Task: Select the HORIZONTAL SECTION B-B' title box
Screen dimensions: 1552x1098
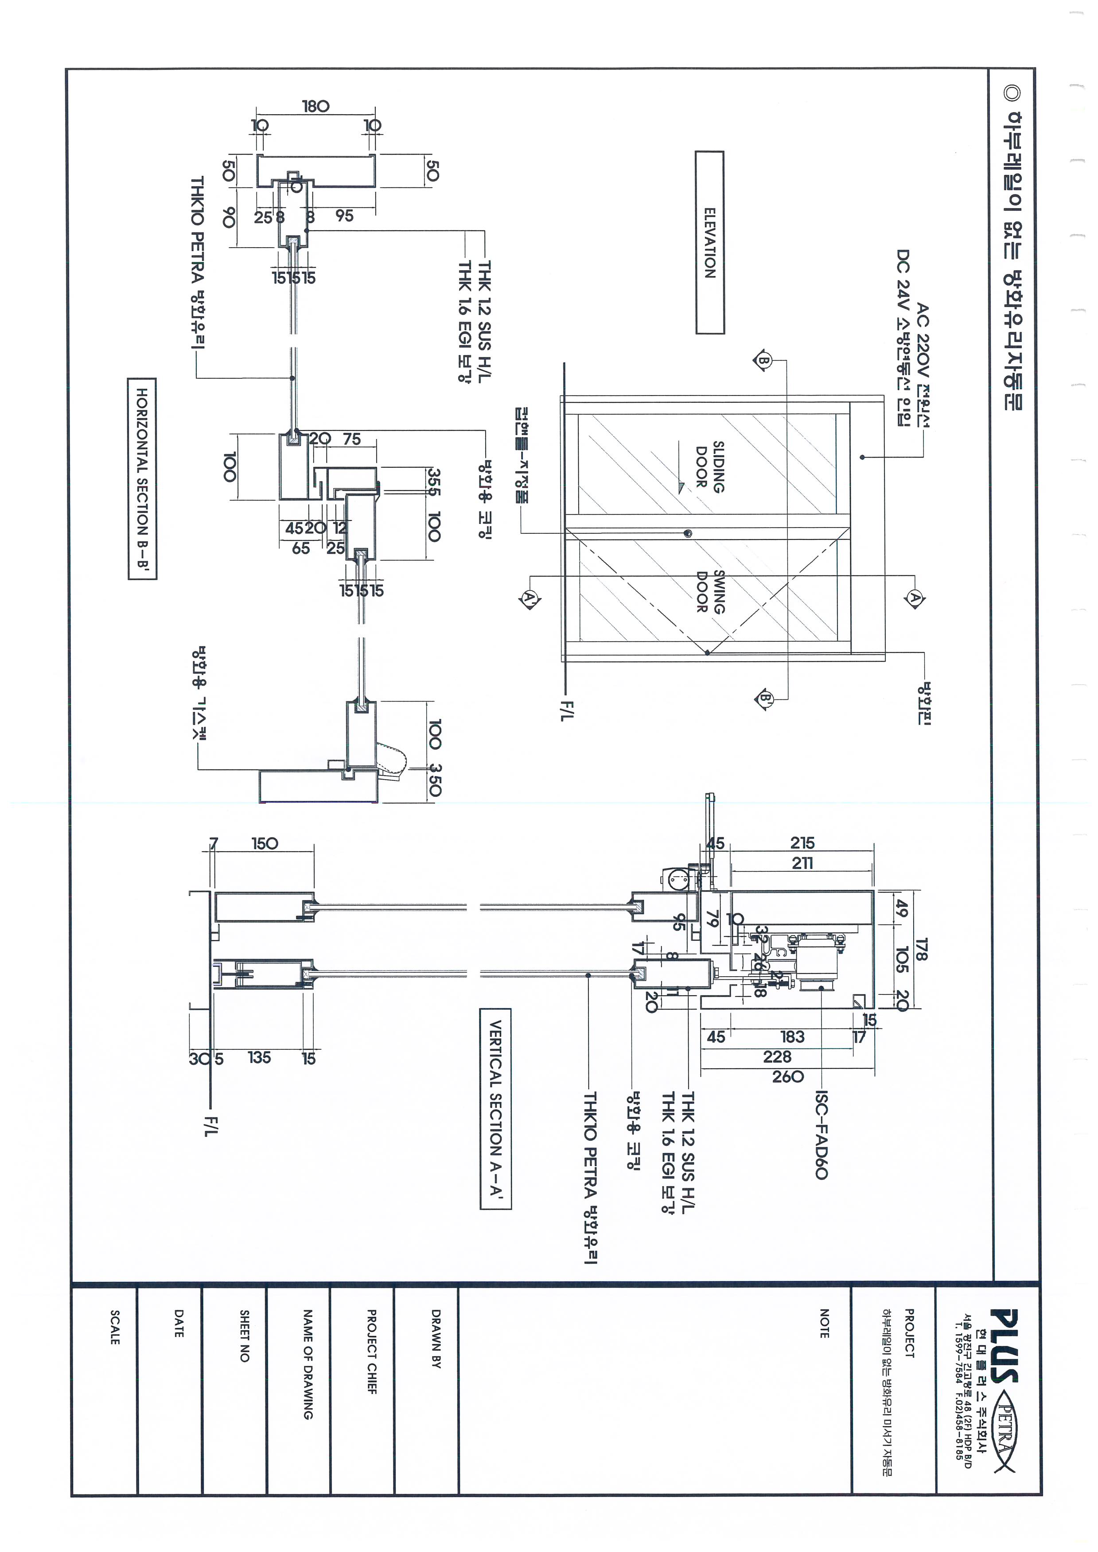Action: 142,479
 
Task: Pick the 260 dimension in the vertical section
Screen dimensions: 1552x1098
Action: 788,1076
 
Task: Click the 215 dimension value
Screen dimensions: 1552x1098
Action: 802,843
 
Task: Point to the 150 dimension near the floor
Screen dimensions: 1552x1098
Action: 265,844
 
